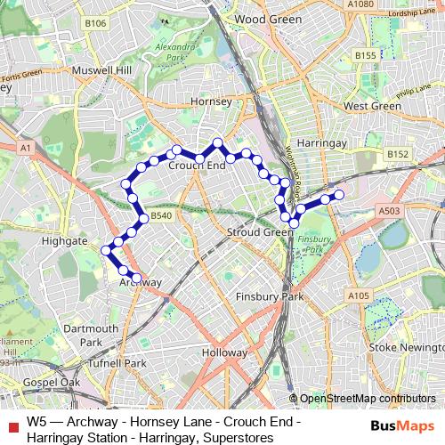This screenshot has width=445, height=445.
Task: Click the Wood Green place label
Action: point(263,18)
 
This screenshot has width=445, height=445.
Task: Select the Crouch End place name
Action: point(197,166)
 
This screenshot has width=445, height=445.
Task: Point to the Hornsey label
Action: point(211,102)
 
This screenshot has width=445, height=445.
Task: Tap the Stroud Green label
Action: point(260,232)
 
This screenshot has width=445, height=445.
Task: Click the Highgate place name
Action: point(65,240)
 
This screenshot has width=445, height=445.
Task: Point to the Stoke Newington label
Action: point(399,346)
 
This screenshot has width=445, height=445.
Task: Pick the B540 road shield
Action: point(160,216)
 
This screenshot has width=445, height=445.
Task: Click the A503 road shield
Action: point(388,211)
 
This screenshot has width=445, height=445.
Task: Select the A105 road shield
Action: point(359,295)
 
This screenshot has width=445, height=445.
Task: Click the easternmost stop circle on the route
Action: point(338,195)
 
